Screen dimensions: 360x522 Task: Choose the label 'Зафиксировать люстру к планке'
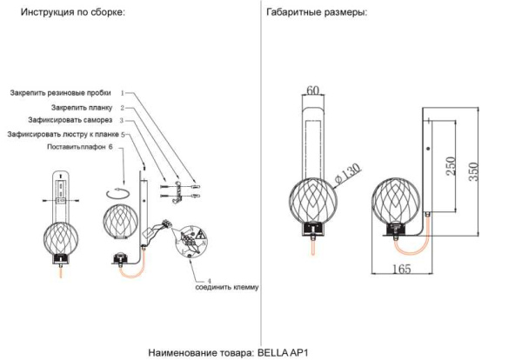tap(63, 135)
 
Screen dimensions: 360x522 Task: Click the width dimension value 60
tap(313, 90)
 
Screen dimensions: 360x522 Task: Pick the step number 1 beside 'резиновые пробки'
tap(123, 92)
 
